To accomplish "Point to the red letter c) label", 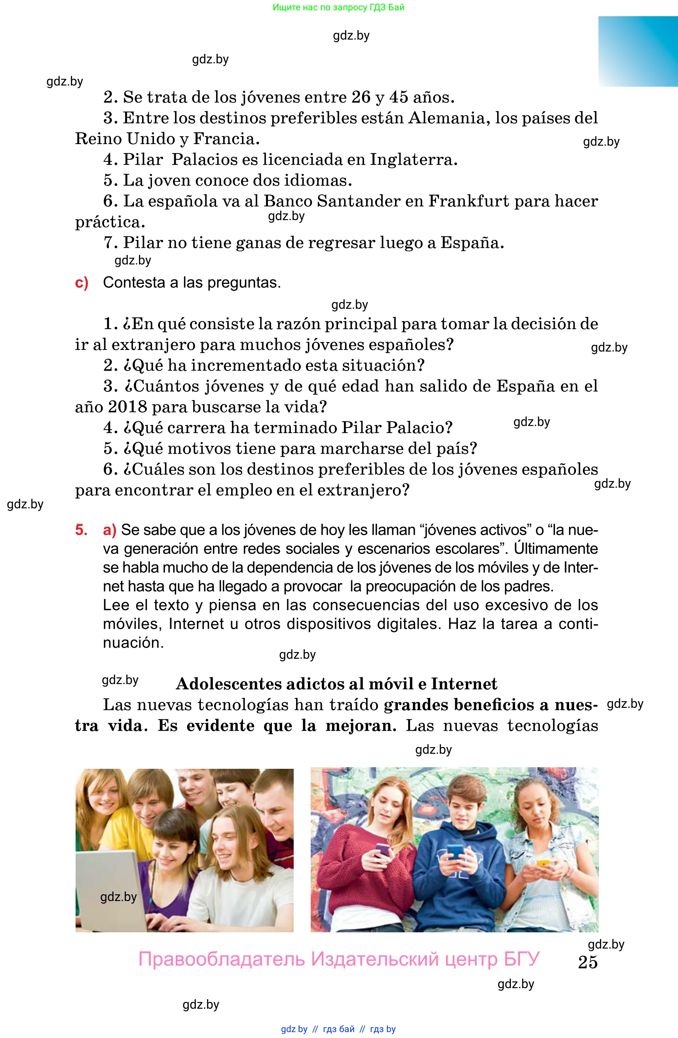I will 82,283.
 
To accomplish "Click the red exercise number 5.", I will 81,530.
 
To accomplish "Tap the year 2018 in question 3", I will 127,407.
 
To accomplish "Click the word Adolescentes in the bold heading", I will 228,684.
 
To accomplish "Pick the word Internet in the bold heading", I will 464,684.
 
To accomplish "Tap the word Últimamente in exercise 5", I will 555,549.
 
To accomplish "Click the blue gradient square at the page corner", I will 638,51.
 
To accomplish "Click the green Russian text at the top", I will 338,7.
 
